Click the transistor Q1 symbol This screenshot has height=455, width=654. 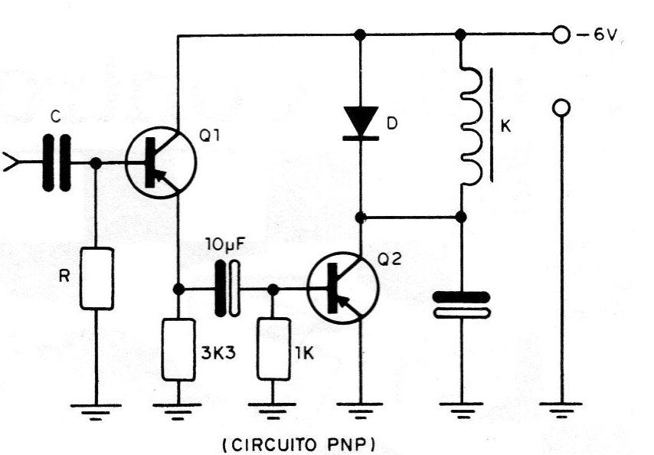click(161, 162)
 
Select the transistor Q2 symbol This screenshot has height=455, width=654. click(343, 288)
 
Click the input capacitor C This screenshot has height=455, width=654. click(57, 162)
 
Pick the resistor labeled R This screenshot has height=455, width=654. click(96, 279)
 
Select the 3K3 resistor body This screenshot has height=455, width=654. click(178, 349)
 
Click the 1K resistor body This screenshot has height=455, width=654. click(273, 349)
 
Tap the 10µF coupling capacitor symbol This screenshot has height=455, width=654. click(227, 288)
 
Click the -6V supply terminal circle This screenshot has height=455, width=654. click(561, 35)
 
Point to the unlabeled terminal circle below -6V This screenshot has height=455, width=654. click(561, 108)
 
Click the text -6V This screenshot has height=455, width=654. click(597, 35)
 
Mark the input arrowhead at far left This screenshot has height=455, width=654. click(9, 162)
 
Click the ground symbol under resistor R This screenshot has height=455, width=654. click(96, 411)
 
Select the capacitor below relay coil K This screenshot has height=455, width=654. click(461, 305)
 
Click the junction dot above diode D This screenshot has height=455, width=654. click(360, 35)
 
